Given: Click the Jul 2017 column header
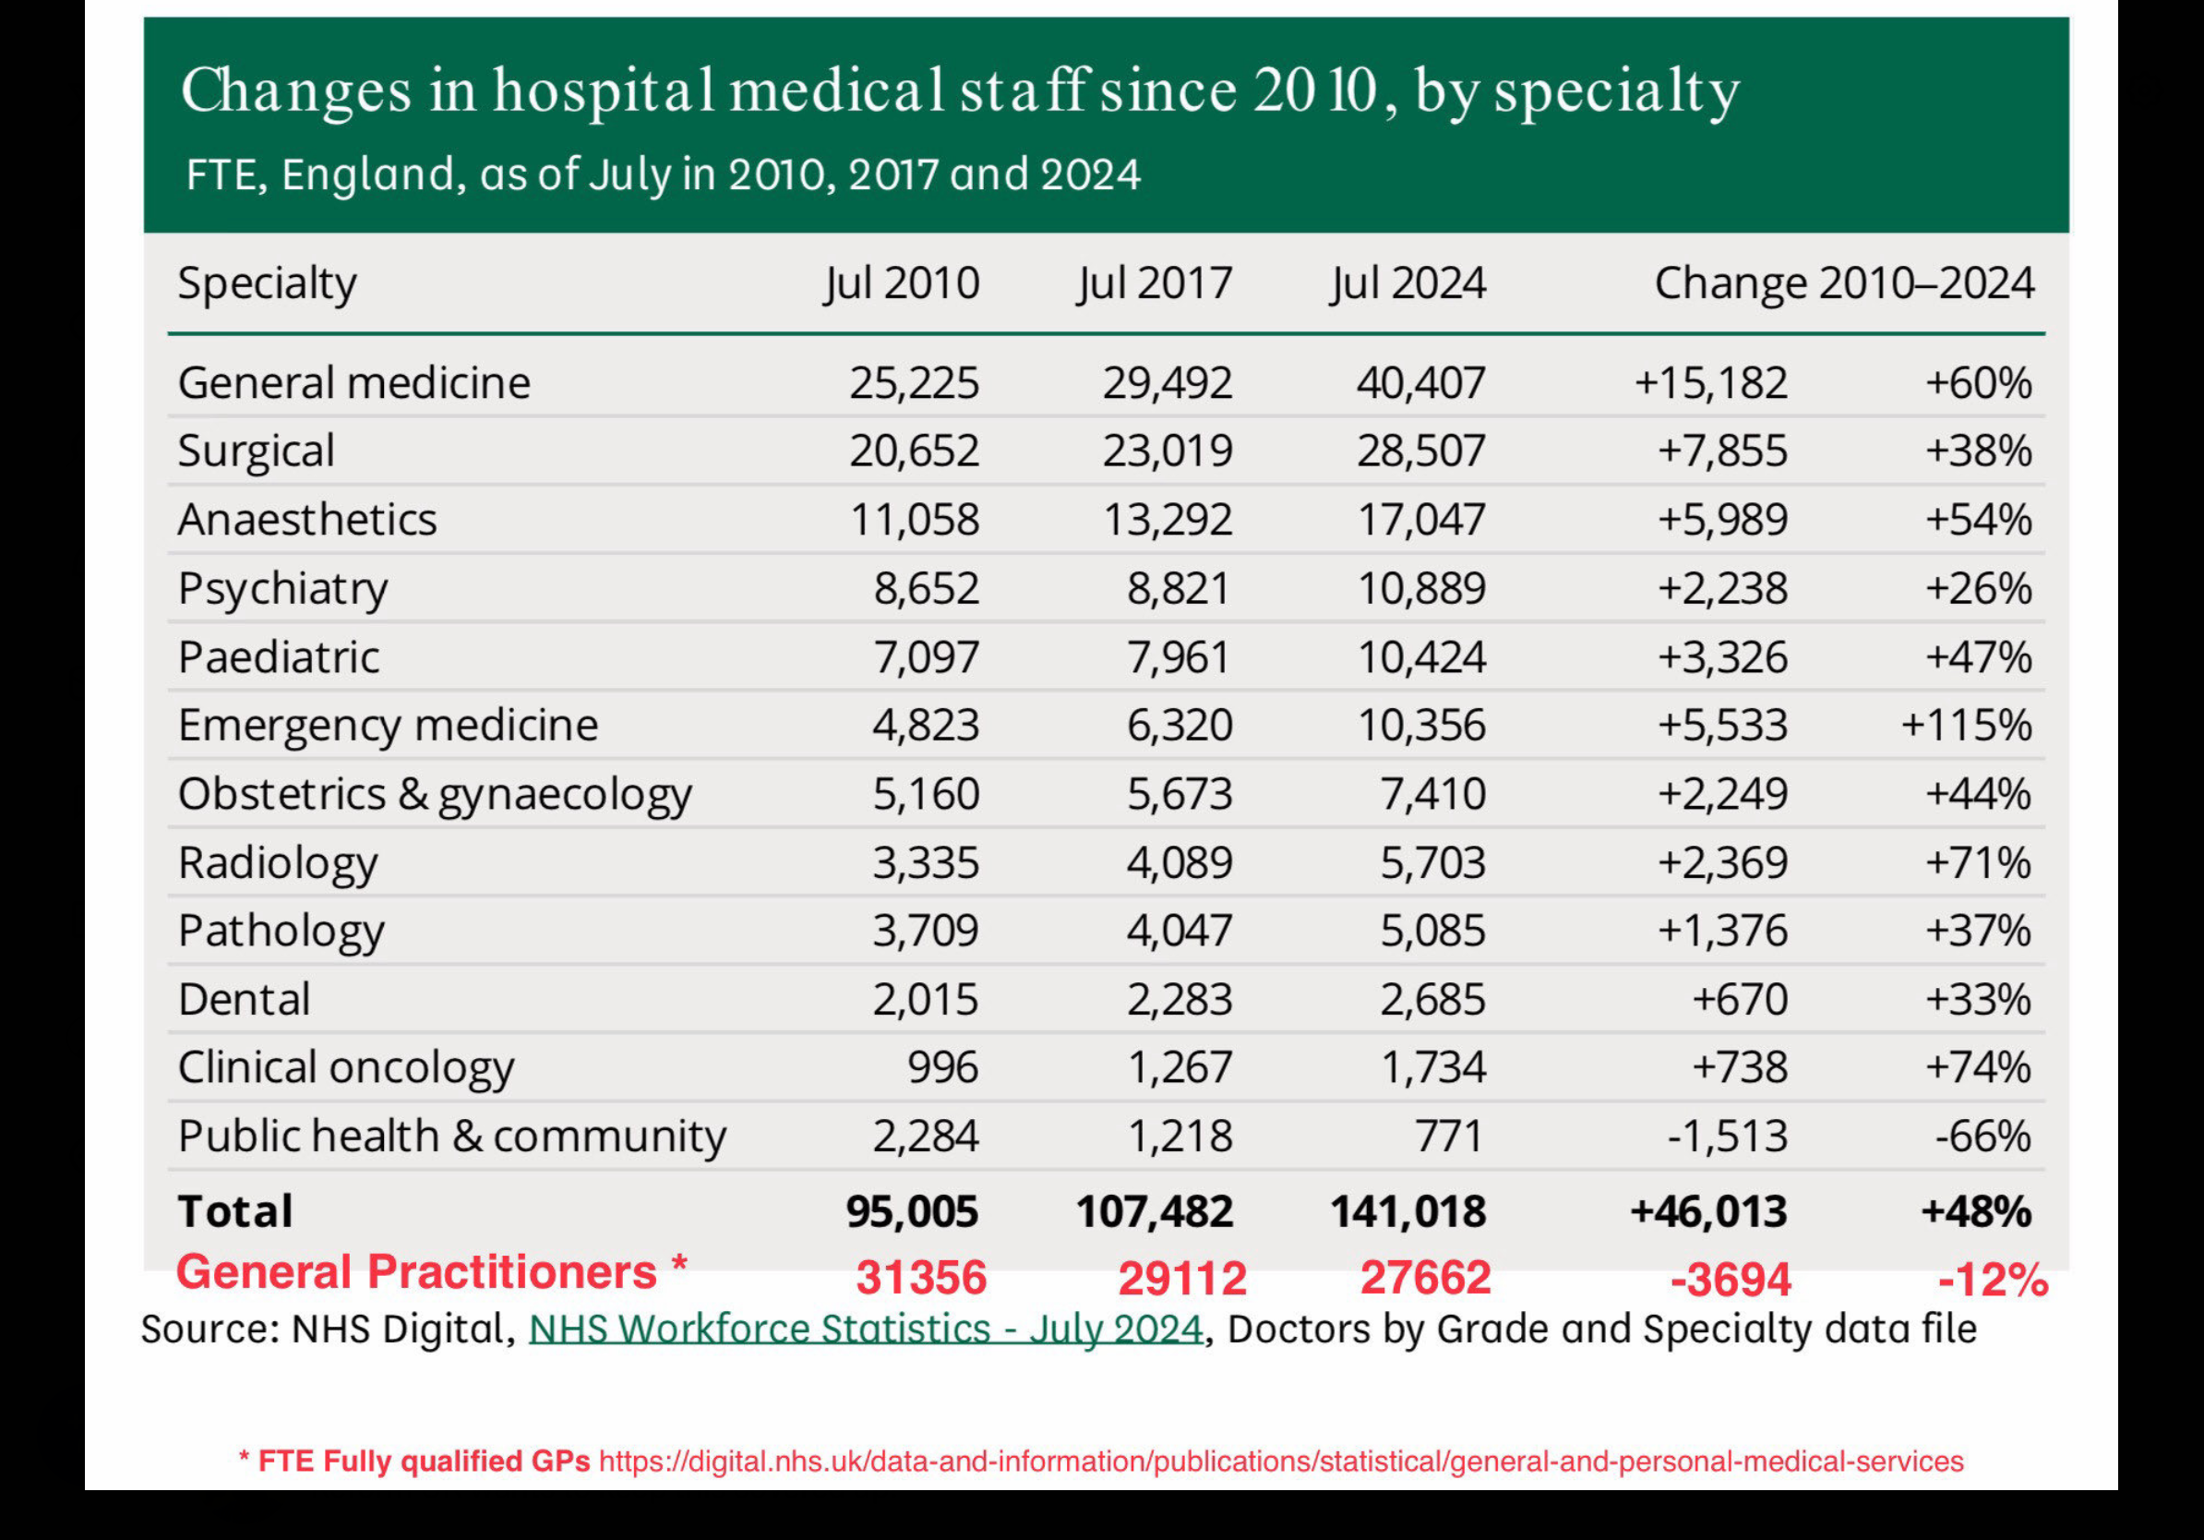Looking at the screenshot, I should pos(1154,283).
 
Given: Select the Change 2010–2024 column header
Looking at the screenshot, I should pos(1844,283).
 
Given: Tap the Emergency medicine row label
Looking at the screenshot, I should pos(388,725).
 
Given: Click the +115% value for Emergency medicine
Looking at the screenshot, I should pos(1966,725).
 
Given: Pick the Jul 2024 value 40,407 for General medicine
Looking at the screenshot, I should pos(1420,383).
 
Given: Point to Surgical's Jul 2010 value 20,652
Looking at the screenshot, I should pos(914,451).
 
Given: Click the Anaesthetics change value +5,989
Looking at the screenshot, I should pos(1722,520).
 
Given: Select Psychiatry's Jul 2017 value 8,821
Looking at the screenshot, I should pos(1179,587).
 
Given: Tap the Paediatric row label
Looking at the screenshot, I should pos(279,657).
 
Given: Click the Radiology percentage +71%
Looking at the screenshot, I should pos(1978,862).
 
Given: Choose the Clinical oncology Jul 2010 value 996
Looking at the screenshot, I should pos(942,1067).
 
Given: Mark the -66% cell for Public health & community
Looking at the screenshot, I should pos(1982,1137).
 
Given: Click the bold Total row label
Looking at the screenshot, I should pos(235,1211).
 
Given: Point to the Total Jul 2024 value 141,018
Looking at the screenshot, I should pos(1407,1211).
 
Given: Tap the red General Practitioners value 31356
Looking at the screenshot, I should pos(920,1278).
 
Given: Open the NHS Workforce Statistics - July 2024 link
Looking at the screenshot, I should pos(866,1329).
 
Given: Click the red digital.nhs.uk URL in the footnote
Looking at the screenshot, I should pos(1281,1462).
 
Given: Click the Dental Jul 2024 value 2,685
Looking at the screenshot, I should pos(1432,1000).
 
